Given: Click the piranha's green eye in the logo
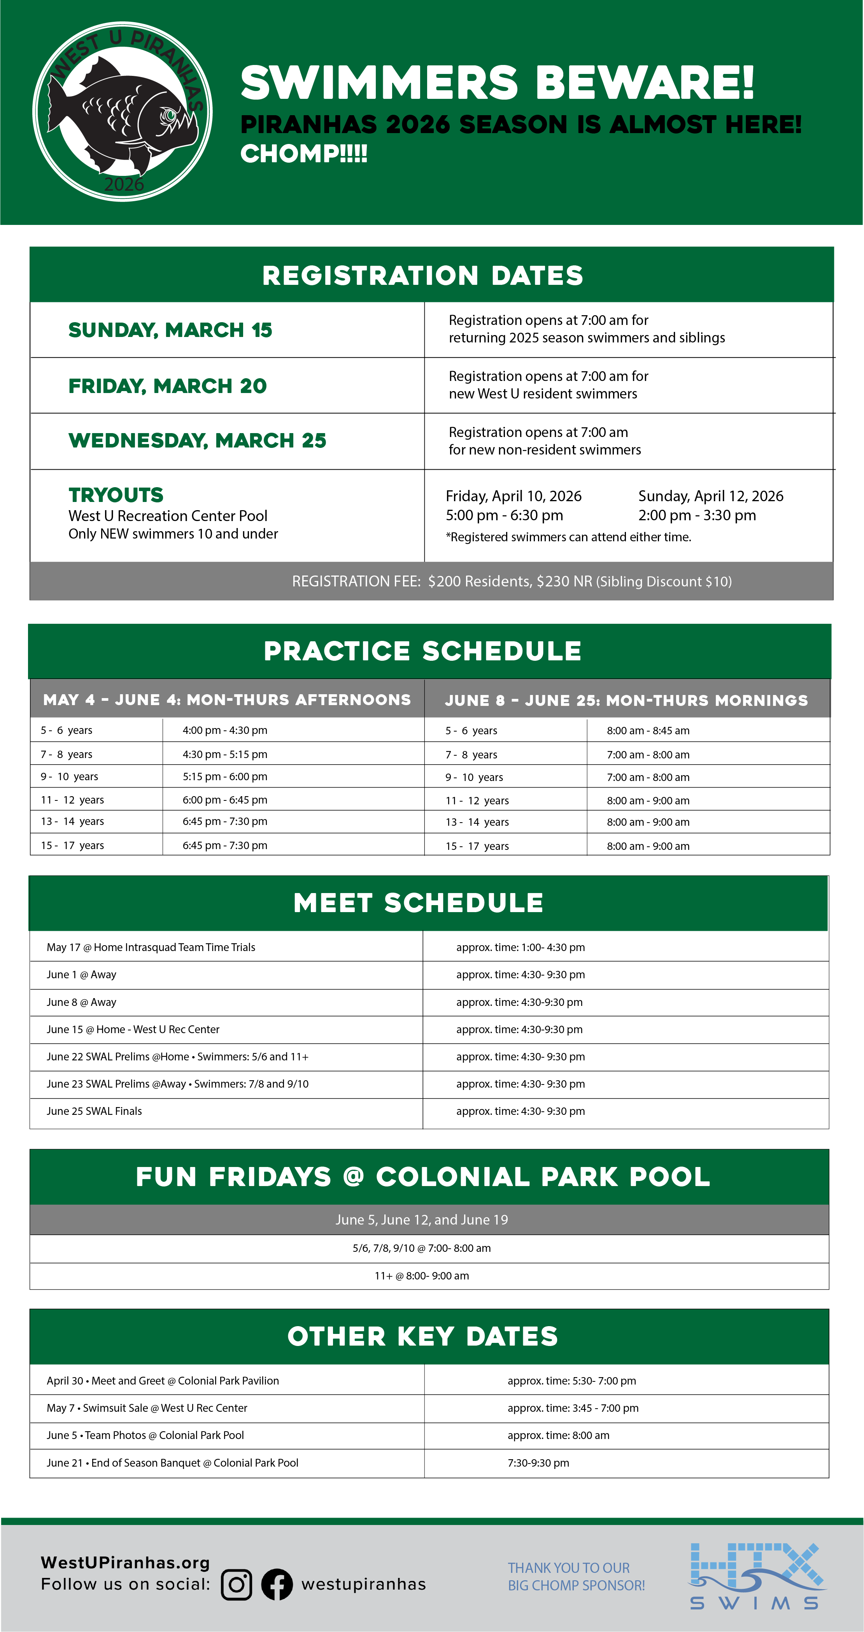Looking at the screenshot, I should [x=169, y=115].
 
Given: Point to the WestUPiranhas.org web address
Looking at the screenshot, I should [x=125, y=1562].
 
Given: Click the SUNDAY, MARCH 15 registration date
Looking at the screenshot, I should [x=170, y=330].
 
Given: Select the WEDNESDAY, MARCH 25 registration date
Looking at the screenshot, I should [x=197, y=440].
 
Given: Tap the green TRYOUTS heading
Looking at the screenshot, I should [x=116, y=495].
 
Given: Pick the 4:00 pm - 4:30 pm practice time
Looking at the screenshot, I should [x=225, y=730].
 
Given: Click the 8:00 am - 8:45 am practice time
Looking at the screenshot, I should [x=648, y=730].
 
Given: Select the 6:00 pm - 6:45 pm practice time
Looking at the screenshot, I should [x=225, y=800].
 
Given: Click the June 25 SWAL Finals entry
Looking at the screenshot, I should [x=95, y=1111].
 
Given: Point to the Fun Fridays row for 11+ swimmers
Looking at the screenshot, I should [x=422, y=1276].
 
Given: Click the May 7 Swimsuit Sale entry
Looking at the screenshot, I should [x=147, y=1408].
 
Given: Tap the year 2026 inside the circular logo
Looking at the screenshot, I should [x=124, y=184].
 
